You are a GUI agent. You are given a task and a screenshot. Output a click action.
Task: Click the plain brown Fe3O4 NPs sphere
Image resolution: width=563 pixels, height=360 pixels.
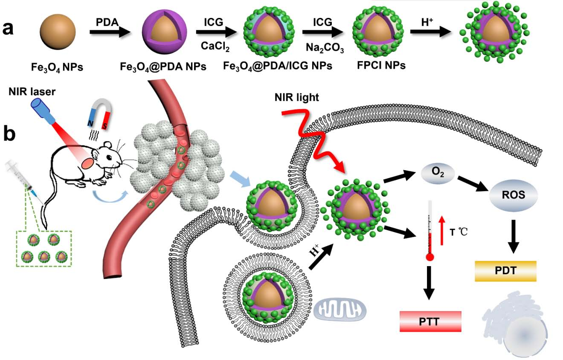pos(58,32)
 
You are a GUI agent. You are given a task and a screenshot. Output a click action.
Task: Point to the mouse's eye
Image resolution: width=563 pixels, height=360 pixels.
pos(110,157)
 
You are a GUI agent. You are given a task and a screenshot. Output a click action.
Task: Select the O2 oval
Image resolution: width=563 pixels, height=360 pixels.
pos(438,172)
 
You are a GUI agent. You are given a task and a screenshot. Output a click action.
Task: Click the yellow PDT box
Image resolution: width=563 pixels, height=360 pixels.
pos(505,271)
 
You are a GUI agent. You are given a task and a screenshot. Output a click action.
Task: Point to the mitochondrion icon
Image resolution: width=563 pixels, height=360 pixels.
pos(340,309)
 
